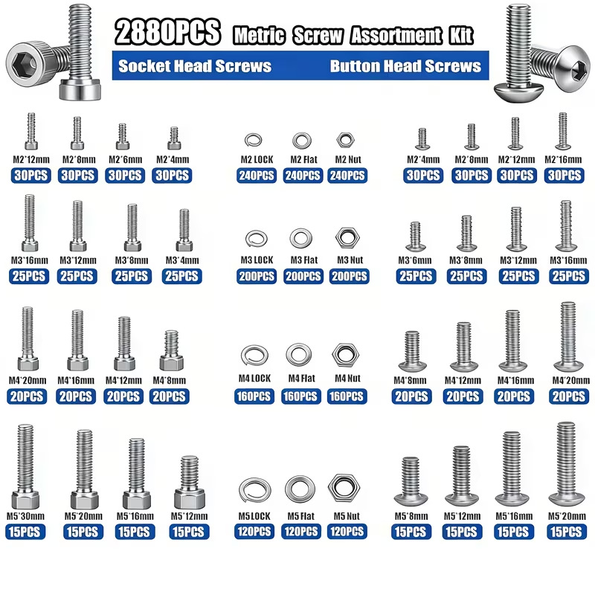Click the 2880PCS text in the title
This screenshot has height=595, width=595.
pos(167,32)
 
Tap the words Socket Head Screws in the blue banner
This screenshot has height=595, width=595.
pos(195,66)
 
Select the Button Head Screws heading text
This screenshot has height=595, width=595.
pos(405,66)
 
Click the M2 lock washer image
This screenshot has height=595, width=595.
pos(253,140)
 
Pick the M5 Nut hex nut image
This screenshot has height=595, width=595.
pos(344,487)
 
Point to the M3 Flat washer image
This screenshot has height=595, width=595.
pos(301,238)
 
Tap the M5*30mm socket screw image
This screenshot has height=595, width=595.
pos(25,467)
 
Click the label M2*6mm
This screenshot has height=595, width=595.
pos(125,159)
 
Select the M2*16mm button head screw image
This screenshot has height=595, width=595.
pos(563,131)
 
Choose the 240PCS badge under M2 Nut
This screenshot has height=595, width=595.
pos(347,176)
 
